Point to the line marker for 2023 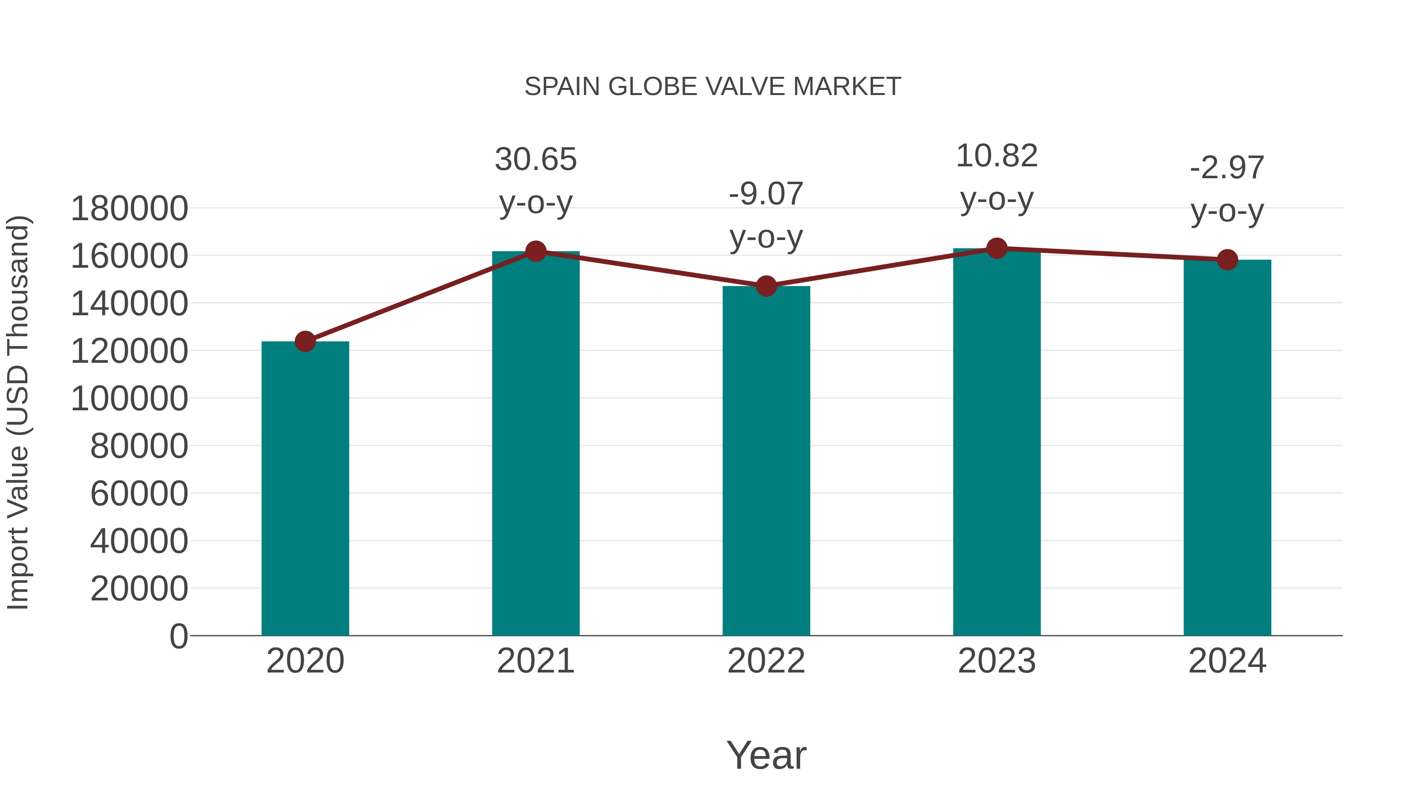click(x=997, y=248)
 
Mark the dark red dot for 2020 click(x=305, y=341)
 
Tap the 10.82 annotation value click(x=997, y=156)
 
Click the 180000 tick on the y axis click(x=130, y=209)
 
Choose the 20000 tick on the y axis click(x=139, y=589)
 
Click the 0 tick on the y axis click(x=179, y=636)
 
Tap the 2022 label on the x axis click(x=766, y=661)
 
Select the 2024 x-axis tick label click(x=1227, y=661)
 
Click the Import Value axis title click(x=18, y=412)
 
